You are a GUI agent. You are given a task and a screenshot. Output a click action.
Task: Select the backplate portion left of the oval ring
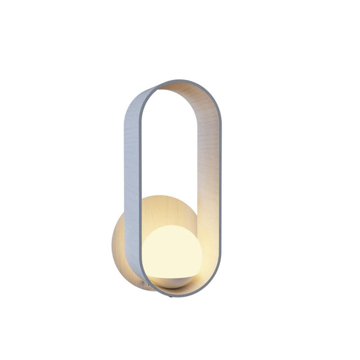pos(119,242)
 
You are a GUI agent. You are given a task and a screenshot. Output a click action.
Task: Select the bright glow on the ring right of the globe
pos(207,253)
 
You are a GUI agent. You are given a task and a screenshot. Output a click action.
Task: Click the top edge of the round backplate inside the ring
pos(169,196)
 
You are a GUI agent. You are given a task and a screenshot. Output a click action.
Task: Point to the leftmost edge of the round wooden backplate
pos(114,242)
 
